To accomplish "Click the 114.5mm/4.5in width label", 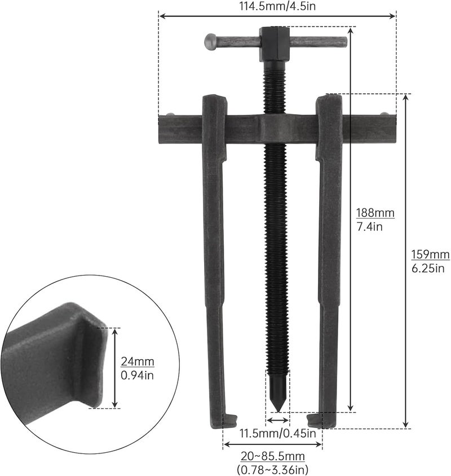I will tap(277, 7).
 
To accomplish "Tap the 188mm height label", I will tap(375, 213).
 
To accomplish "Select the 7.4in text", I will tap(369, 226).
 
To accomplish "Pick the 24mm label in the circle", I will tap(138, 361).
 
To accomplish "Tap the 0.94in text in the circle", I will tap(138, 374).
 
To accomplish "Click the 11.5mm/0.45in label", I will tap(277, 434).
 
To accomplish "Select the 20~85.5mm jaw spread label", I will tap(272, 456).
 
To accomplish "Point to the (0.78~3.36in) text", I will tap(272, 469).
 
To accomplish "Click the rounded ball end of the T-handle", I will tap(211, 41).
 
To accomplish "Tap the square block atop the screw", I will tap(274, 43).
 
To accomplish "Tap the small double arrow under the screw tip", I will tap(277, 421).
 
